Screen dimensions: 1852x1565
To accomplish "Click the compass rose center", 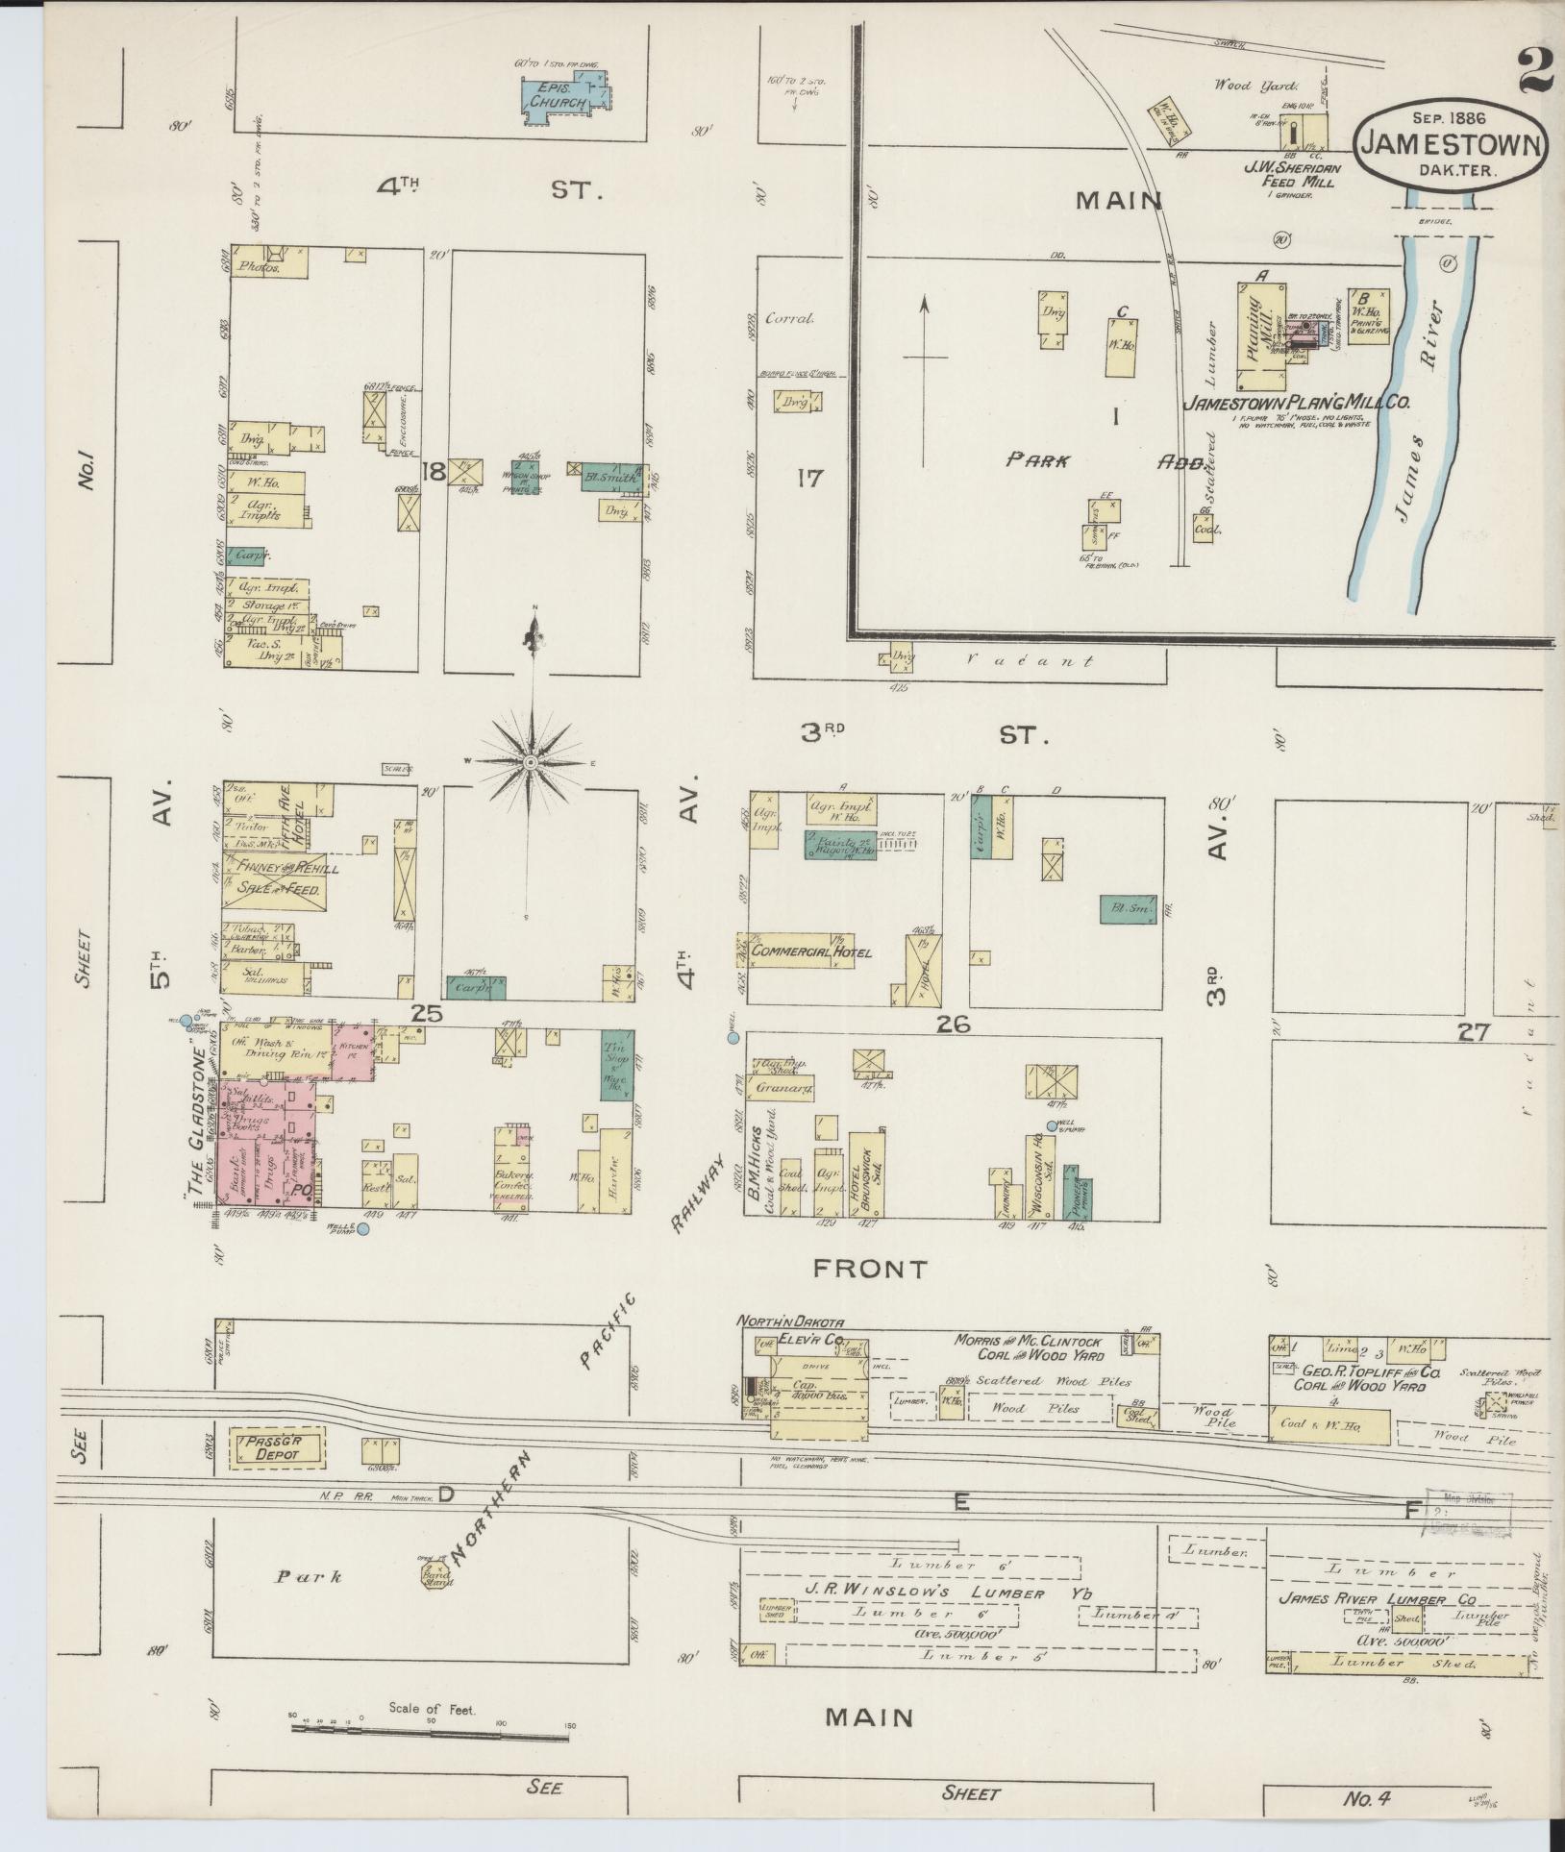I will click(x=530, y=761).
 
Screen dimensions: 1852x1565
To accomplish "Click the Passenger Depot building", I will click(x=277, y=1446).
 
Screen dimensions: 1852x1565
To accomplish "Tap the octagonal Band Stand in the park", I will click(x=431, y=1573).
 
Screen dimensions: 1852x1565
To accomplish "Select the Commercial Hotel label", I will click(x=812, y=951).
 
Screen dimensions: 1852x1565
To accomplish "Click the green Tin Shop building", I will click(x=615, y=1064).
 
